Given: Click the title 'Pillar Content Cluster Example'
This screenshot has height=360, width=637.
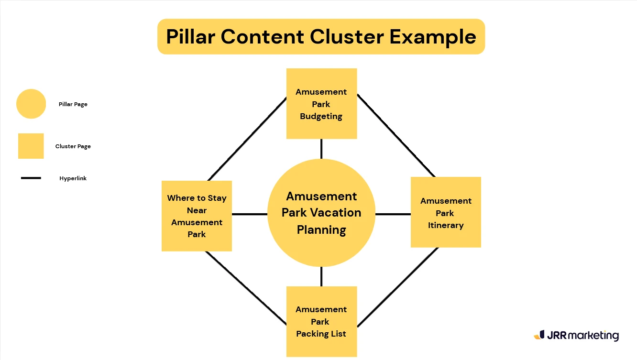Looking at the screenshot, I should pos(321,37).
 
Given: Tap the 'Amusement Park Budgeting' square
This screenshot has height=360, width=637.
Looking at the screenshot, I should pos(321,104).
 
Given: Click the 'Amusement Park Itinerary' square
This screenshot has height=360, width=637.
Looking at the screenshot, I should pos(446,212).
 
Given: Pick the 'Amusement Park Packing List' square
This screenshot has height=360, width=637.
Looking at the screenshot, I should pos(321,321).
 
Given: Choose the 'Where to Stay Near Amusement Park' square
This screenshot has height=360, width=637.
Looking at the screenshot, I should pos(197,216).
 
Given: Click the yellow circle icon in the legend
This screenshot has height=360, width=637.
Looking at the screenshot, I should pos(31,104).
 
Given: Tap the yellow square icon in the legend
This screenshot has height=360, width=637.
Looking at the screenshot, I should pos(31,146).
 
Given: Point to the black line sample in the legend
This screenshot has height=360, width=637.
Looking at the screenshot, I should pos(31,178).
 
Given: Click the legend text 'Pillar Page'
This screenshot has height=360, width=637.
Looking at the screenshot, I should pos(73,104).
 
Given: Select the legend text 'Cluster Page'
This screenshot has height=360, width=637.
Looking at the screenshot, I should pos(73,146).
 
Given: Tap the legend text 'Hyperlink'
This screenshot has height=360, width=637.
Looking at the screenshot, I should pos(73,178).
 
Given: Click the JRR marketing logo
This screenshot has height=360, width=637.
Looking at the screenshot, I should pos(576,335).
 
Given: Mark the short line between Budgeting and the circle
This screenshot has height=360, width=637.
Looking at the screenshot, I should pos(321,149).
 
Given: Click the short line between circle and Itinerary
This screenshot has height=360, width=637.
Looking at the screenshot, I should pos(393,214).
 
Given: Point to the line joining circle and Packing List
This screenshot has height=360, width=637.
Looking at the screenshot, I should pos(321,276).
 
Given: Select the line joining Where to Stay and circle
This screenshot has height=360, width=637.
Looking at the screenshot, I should pos(250,214).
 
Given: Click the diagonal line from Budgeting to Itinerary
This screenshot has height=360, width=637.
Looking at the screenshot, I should pos(395,135).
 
